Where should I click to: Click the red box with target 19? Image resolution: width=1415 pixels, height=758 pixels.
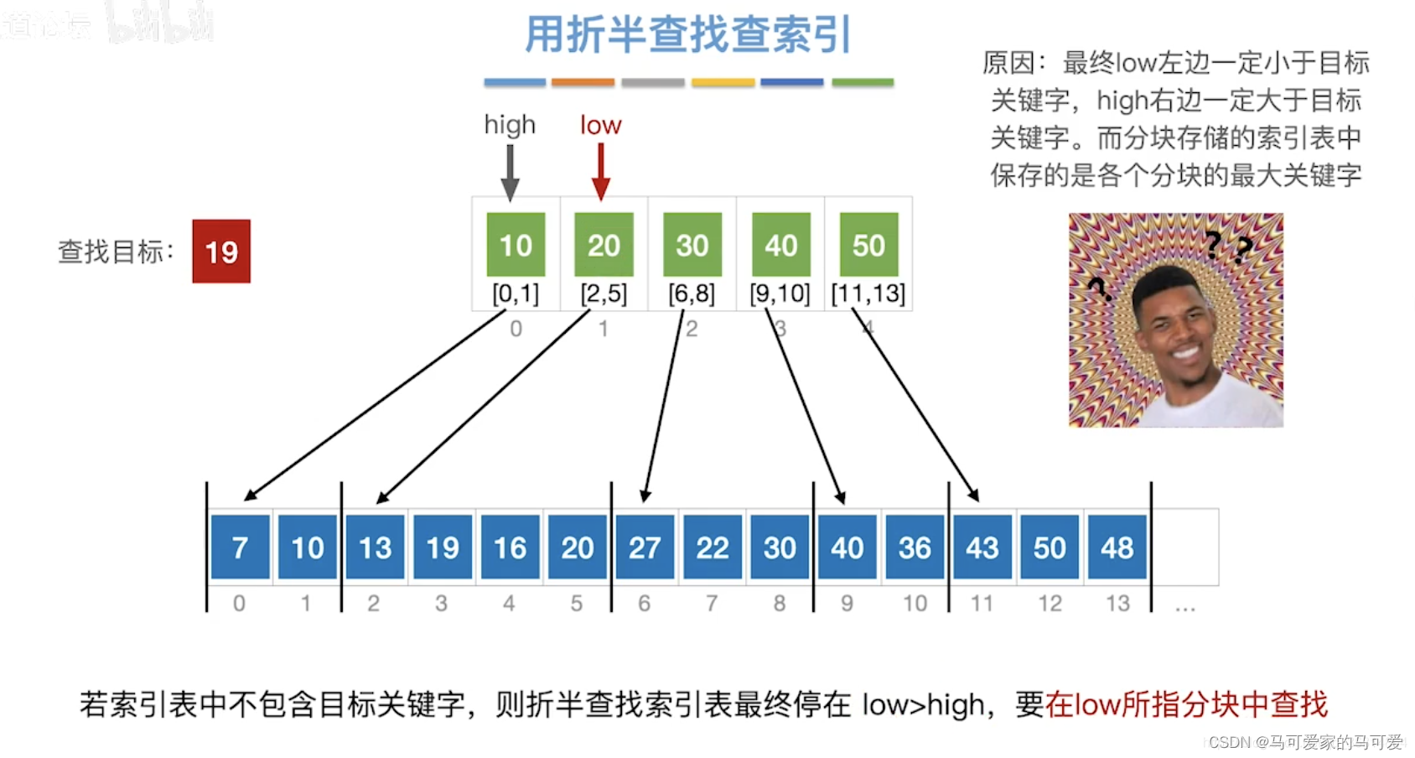221,252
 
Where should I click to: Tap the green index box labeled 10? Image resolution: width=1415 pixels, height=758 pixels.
516,245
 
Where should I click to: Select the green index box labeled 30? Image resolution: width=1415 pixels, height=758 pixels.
692,245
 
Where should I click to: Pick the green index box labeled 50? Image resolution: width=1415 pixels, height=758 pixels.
868,245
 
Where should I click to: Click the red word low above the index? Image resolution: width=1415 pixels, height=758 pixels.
600,125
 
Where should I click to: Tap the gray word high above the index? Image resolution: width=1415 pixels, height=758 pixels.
510,125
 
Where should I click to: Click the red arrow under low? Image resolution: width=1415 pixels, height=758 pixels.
600,172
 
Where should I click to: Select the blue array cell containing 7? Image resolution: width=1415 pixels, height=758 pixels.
240,548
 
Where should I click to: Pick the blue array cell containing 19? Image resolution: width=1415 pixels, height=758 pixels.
443,548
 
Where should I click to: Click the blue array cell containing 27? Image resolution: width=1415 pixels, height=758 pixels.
645,548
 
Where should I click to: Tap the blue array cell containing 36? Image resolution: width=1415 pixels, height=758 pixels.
915,548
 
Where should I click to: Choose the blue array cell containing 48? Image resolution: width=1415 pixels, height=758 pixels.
1117,548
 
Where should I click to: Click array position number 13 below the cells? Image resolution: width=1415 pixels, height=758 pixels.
1117,603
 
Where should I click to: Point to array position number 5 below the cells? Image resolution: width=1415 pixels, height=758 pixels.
577,603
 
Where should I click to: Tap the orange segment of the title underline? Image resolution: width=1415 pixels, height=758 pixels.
583,82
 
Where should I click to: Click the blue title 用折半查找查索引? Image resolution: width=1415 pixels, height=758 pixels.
688,35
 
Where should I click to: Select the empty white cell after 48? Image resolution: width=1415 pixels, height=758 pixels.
1184,548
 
